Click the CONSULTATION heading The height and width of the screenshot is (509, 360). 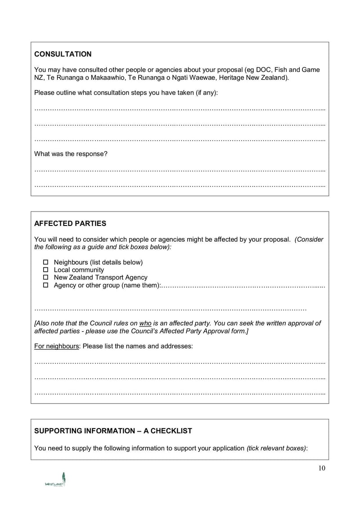point(63,54)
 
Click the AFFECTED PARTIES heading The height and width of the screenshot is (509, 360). point(70,224)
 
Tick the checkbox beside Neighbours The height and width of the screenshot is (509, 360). point(45,262)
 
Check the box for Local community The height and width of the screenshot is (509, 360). point(45,270)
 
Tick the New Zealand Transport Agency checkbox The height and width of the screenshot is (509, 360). point(45,278)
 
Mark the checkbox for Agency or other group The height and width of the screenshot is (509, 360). point(45,285)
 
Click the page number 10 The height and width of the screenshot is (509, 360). point(321,468)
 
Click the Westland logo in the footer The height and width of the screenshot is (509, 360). point(55,480)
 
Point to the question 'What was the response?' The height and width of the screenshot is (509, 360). point(71,154)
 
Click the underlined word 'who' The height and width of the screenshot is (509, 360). point(145,323)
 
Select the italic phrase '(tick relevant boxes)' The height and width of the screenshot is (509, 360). point(276,448)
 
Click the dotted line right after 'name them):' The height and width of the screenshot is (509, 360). point(243,286)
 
